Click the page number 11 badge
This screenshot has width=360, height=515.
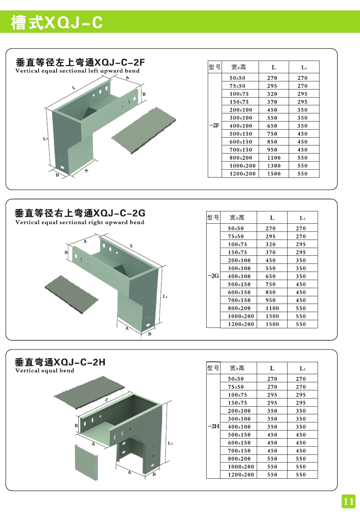pyautogui.click(x=348, y=501)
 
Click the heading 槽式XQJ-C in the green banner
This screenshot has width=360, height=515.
pyautogui.click(x=57, y=22)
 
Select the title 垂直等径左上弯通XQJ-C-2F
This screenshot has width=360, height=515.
pyautogui.click(x=80, y=62)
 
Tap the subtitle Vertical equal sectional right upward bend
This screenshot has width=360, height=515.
pyautogui.click(x=80, y=222)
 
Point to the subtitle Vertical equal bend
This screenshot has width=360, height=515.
pyautogui.click(x=45, y=371)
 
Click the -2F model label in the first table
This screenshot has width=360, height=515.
pyautogui.click(x=214, y=125)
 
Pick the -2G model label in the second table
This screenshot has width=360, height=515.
pyautogui.click(x=213, y=276)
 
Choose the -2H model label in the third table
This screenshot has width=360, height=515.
pyautogui.click(x=214, y=426)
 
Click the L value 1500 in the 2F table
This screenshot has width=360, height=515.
pyautogui.click(x=274, y=174)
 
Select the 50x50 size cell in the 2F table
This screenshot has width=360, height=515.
pyautogui.click(x=237, y=78)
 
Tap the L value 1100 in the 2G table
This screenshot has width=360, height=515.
pyautogui.click(x=272, y=308)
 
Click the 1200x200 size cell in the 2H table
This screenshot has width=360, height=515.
pyautogui.click(x=241, y=475)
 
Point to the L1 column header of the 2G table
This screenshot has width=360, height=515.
pyautogui.click(x=302, y=218)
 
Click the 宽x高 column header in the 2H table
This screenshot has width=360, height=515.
pyautogui.click(x=237, y=368)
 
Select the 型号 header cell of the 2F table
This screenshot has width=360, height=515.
pyautogui.click(x=215, y=67)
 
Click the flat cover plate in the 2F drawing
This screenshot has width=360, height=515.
pyautogui.click(x=144, y=130)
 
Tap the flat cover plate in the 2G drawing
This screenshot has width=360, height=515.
pyautogui.click(x=72, y=294)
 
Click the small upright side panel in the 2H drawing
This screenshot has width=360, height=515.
pyautogui.click(x=86, y=463)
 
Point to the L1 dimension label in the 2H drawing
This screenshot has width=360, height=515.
pyautogui.click(x=170, y=443)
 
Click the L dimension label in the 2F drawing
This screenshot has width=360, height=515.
pyautogui.click(x=74, y=88)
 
